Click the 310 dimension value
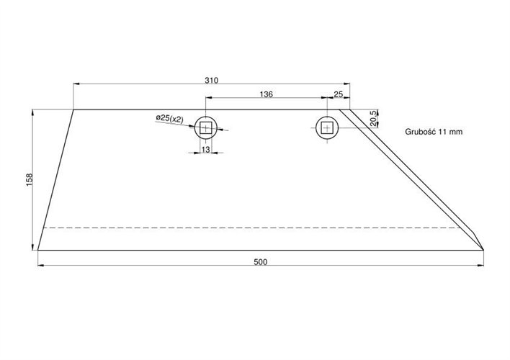211,79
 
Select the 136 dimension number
266,94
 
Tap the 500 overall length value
260,261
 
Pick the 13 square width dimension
206,149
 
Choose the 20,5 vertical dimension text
372,118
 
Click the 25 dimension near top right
339,94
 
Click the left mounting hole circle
207,128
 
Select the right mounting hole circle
328,127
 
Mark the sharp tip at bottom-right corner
483,250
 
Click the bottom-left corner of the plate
37,250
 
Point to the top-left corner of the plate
74,109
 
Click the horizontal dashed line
252,228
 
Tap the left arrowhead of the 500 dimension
40,265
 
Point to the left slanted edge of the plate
55,180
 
